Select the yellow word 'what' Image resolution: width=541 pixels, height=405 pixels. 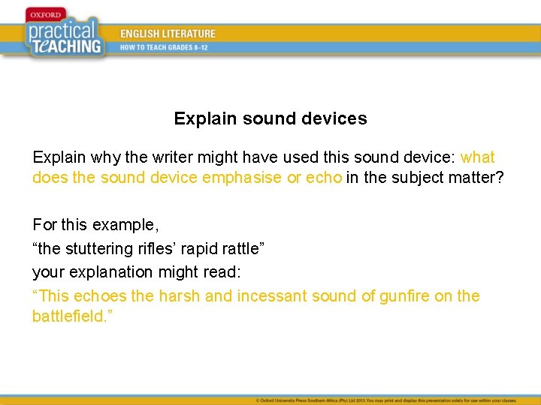coord(477,157)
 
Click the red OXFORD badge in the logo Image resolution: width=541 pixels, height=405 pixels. coord(45,13)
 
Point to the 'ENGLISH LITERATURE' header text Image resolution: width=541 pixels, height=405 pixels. coord(168,34)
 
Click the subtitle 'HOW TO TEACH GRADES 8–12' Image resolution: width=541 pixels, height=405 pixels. coord(165,47)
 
